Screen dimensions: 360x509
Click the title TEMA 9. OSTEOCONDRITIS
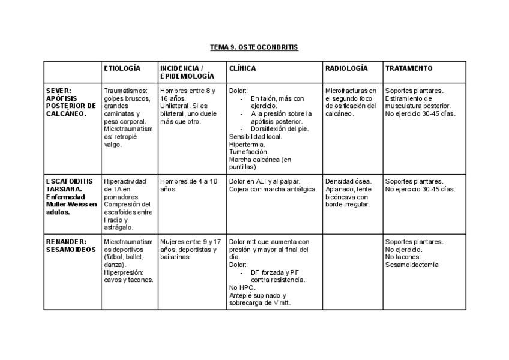[254, 47]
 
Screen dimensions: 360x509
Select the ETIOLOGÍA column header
[122, 68]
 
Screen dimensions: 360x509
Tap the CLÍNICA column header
[242, 68]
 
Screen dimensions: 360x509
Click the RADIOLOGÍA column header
[346, 68]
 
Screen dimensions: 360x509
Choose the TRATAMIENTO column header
[409, 68]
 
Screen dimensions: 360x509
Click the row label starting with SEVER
[70, 101]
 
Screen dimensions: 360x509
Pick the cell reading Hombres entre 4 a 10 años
[188, 185]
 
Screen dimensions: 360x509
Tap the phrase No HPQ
[242, 287]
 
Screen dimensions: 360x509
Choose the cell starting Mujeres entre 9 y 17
[191, 249]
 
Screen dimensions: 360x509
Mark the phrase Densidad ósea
[348, 181]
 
